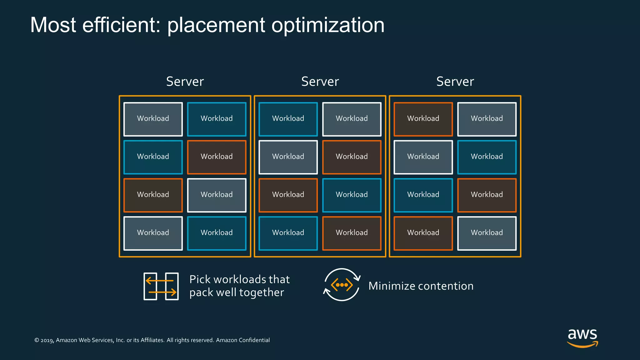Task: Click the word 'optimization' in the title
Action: click(x=328, y=25)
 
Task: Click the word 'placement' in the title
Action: click(x=216, y=25)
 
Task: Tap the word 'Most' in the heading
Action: click(x=53, y=25)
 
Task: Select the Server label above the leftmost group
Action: click(x=185, y=82)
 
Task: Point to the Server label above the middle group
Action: click(x=320, y=82)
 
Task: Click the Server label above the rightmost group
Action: click(x=455, y=82)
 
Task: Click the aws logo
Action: click(x=582, y=337)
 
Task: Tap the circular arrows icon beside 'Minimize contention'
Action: click(x=342, y=285)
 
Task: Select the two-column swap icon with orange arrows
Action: click(x=161, y=286)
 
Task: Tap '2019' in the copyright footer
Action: click(x=47, y=340)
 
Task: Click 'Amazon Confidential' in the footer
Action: click(x=243, y=340)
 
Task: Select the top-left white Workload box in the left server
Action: click(x=153, y=119)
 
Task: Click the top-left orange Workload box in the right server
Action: click(x=423, y=119)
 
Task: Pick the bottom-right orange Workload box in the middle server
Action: click(x=352, y=233)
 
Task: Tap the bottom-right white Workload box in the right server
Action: click(x=487, y=233)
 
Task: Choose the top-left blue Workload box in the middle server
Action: click(x=288, y=119)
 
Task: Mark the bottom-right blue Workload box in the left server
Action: click(x=217, y=233)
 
